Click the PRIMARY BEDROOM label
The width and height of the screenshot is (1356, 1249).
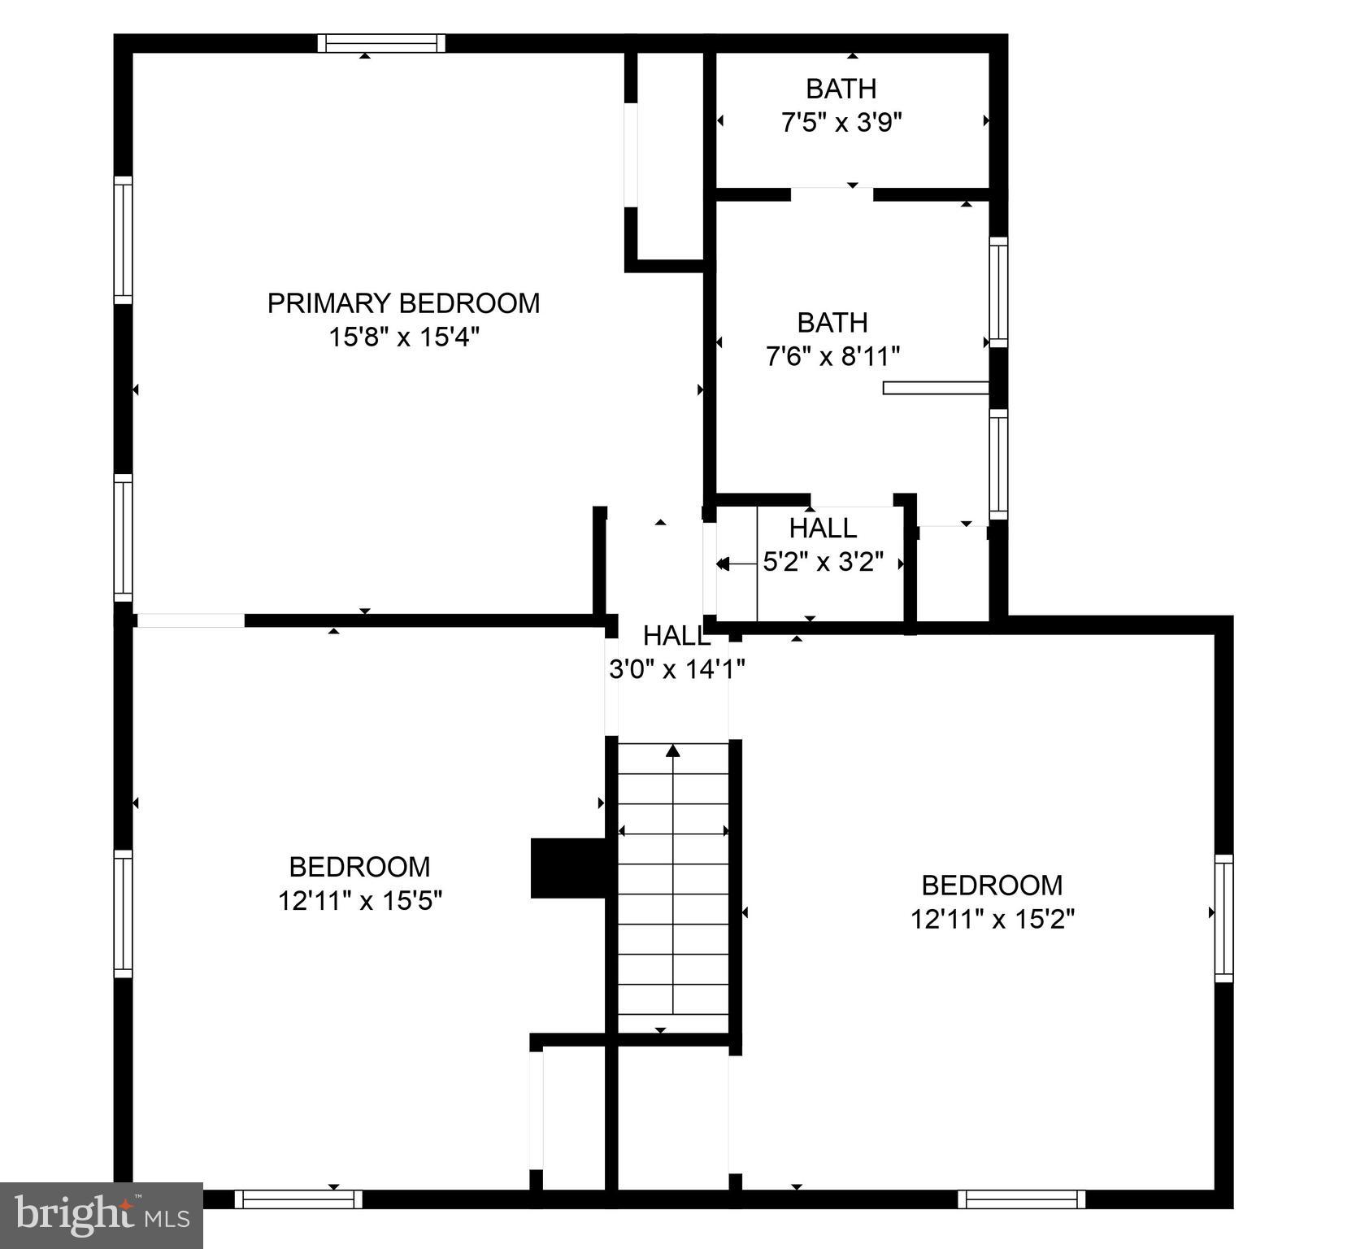tap(403, 303)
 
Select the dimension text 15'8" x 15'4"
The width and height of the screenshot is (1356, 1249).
tap(403, 337)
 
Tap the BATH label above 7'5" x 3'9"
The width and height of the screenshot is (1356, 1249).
tap(841, 88)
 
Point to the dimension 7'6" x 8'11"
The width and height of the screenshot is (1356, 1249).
tap(832, 356)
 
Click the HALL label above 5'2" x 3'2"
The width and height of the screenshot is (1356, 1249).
tap(823, 529)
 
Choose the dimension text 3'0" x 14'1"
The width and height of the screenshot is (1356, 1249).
tap(676, 669)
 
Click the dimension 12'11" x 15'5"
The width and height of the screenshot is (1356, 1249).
tap(359, 901)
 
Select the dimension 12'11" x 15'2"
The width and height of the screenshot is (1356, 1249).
tap(992, 919)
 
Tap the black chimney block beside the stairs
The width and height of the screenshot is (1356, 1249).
tap(568, 868)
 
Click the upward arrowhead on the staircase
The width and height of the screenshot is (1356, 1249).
tap(673, 751)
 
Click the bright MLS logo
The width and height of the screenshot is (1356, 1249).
tap(101, 1215)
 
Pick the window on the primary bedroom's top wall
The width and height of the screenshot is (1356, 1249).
tap(381, 43)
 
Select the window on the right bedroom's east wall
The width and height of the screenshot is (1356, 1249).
tap(1223, 917)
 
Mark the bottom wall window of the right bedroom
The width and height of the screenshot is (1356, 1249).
tap(1021, 1199)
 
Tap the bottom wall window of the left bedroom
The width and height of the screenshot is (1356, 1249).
tap(298, 1199)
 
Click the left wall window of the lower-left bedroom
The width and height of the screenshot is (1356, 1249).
tap(123, 913)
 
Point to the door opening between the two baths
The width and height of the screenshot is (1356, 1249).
tap(832, 194)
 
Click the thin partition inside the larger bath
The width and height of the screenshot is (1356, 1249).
tap(935, 389)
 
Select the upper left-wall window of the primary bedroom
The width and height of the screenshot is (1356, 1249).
tap(123, 240)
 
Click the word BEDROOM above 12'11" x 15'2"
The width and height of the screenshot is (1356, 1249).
tap(992, 885)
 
